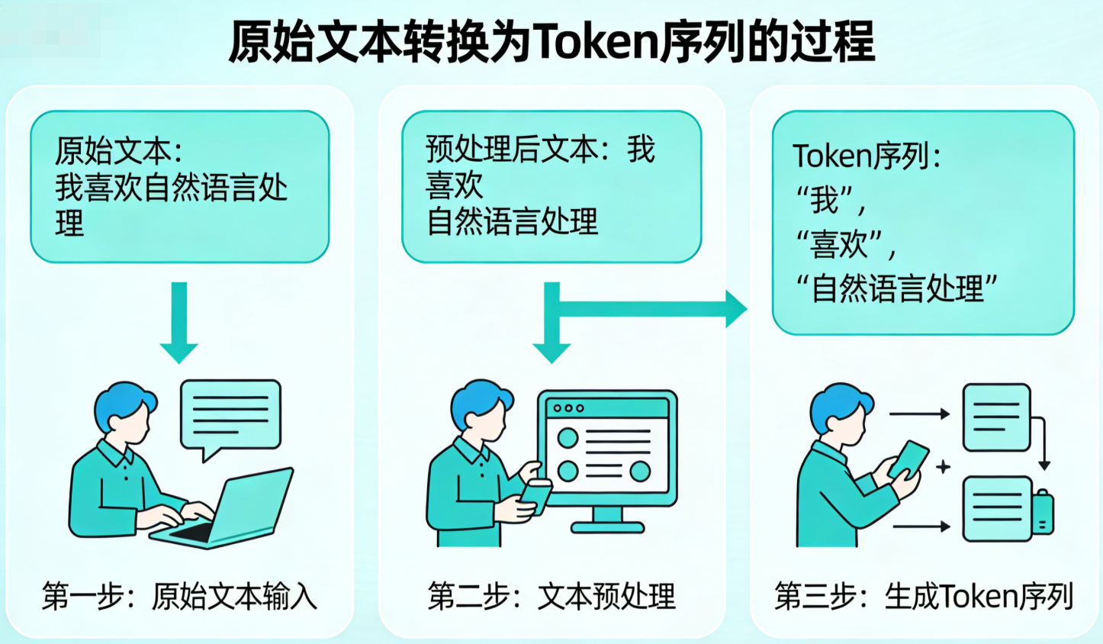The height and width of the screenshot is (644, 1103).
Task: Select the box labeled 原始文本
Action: (x=180, y=187)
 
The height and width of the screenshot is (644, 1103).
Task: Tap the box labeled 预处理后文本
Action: (x=551, y=187)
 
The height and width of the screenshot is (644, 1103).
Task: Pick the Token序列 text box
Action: (x=923, y=223)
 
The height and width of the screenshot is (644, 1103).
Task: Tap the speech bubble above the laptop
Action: (x=230, y=416)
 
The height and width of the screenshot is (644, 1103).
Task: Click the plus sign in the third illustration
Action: (x=944, y=466)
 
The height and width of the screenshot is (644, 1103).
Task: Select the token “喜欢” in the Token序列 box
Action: (x=845, y=245)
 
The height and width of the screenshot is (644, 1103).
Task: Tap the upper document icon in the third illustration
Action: (x=996, y=417)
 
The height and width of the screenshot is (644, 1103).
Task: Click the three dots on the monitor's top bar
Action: (x=568, y=408)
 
